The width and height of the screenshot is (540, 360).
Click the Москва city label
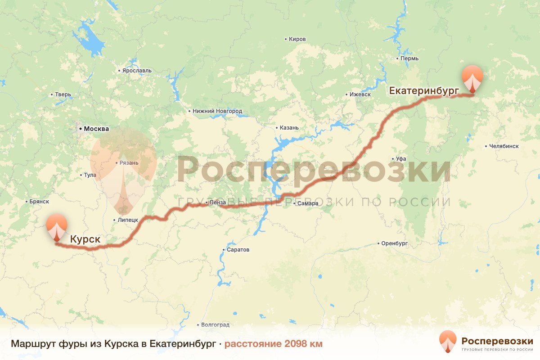[96, 129]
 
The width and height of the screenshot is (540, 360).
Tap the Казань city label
[289, 128]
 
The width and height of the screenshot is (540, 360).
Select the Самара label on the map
[308, 204]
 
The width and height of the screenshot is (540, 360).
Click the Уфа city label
[401, 159]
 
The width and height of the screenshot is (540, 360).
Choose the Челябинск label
[504, 146]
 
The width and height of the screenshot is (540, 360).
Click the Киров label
[297, 39]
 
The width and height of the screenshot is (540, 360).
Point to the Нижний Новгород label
[217, 111]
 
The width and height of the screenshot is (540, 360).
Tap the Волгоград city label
[215, 324]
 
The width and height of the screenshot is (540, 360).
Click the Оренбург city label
[394, 243]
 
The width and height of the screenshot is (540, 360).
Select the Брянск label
[38, 202]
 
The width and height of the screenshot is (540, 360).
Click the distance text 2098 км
[273, 344]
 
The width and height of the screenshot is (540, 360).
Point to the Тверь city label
[63, 94]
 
